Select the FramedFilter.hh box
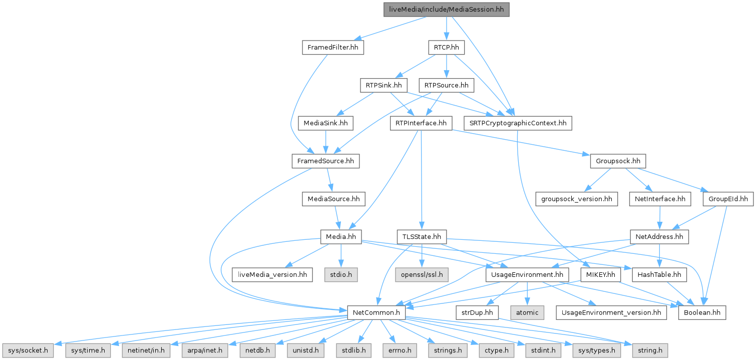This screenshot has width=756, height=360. [x=332, y=48]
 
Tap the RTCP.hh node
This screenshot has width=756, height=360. [x=446, y=48]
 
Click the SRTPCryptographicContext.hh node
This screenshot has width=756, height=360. [x=518, y=123]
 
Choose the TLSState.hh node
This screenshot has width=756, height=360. [x=422, y=237]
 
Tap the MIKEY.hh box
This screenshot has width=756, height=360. [x=601, y=274]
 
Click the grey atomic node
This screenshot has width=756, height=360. [x=528, y=312]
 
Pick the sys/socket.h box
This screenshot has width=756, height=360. [x=27, y=350]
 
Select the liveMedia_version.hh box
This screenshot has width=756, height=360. [x=272, y=274]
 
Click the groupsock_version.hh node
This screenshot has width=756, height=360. [x=576, y=199]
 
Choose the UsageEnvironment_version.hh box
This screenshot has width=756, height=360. [x=611, y=312]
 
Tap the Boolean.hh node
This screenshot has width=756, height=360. [x=702, y=312]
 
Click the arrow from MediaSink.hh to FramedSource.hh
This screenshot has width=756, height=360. [x=326, y=142]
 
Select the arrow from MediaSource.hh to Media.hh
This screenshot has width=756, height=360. [x=336, y=218]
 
